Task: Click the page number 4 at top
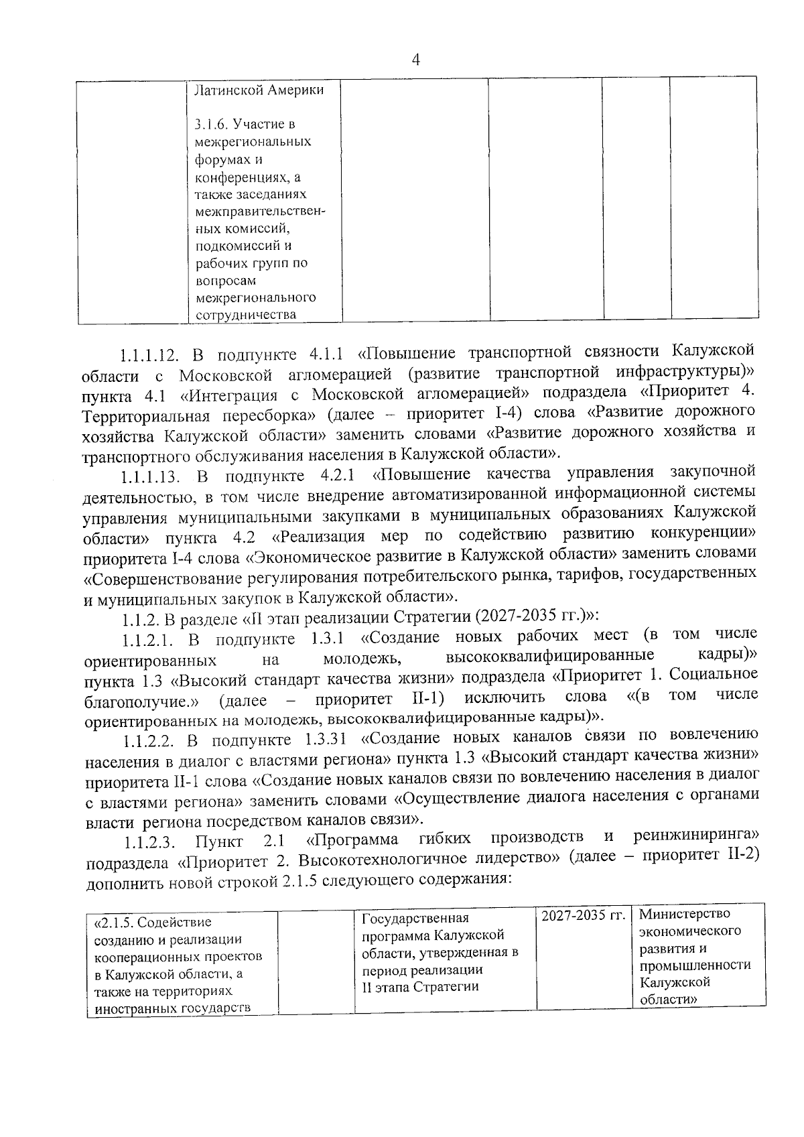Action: coord(415,61)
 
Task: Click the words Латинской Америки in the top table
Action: coord(258,90)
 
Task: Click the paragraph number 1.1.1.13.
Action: coord(152,476)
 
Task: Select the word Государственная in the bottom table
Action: coord(415,919)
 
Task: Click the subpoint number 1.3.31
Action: coord(322,740)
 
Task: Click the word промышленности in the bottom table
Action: coord(694,965)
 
